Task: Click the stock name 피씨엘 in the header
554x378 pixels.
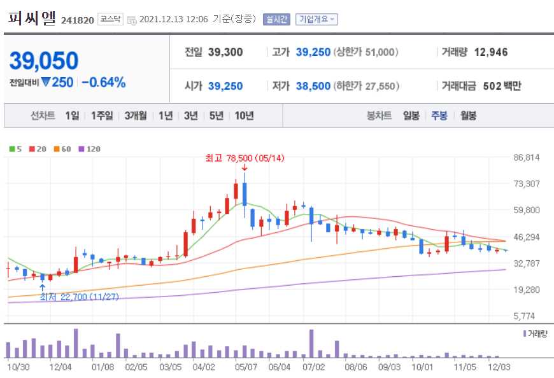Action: [x=32, y=18]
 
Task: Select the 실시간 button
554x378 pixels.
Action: [x=276, y=19]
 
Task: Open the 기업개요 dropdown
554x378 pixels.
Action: [x=316, y=19]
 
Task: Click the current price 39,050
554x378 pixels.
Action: [x=44, y=60]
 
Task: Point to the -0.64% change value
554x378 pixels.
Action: [x=103, y=82]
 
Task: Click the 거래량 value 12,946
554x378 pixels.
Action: [x=491, y=52]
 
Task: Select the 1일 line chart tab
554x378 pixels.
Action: [x=72, y=116]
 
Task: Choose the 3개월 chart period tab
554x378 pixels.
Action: [x=136, y=116]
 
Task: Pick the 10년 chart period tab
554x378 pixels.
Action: [x=244, y=116]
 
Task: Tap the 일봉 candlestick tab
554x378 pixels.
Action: [x=411, y=116]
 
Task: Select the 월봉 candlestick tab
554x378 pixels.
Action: [x=468, y=116]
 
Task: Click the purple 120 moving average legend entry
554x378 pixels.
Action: [x=89, y=149]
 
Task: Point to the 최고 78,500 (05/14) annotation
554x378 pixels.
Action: [x=236, y=158]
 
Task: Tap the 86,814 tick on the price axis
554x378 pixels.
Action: [x=526, y=157]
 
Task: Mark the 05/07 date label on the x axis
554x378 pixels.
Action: [x=246, y=367]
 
